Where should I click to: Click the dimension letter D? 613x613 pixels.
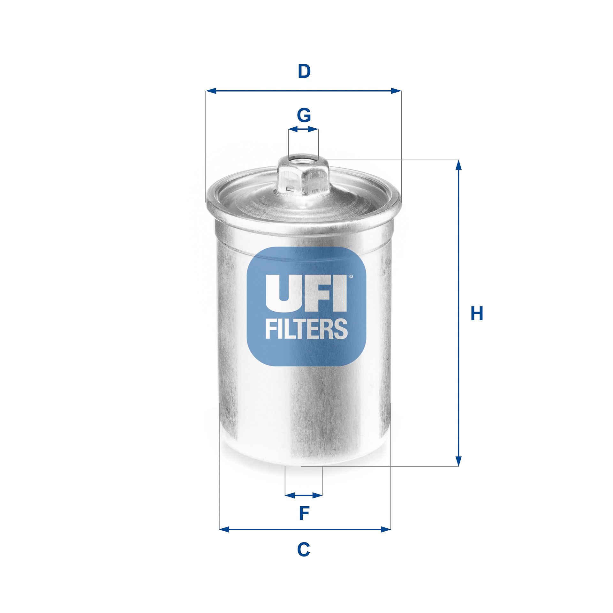point(304,72)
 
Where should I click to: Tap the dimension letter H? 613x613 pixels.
point(477,314)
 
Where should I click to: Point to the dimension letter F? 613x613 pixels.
point(304,513)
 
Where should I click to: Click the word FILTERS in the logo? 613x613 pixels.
point(306,329)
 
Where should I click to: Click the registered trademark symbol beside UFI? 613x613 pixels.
point(351,276)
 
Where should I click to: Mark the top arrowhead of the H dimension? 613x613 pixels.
point(458,165)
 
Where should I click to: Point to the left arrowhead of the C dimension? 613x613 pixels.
point(224,530)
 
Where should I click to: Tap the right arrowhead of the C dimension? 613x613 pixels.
point(386,530)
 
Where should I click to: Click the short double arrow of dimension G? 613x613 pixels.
point(303,129)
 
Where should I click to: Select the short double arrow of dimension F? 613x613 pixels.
point(304,495)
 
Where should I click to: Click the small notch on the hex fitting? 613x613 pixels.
point(290,188)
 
